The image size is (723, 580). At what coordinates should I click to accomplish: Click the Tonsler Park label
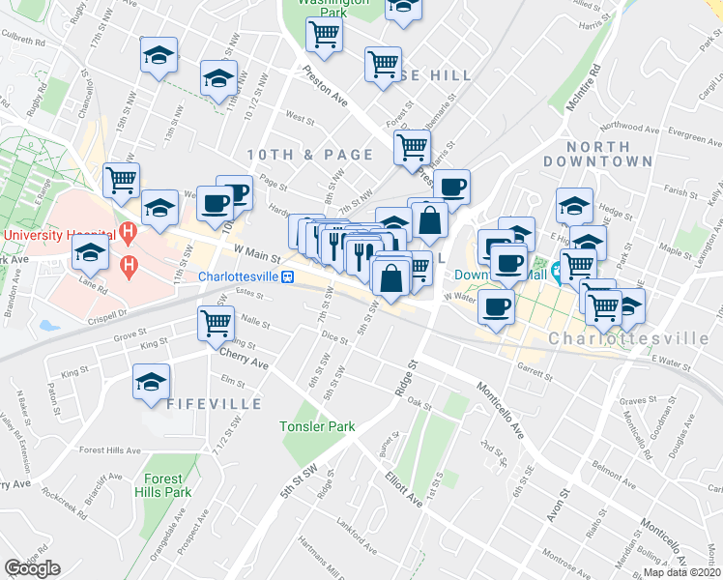(317, 426)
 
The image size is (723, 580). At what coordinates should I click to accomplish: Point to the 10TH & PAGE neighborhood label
(309, 155)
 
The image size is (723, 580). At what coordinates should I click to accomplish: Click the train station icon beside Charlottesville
(287, 276)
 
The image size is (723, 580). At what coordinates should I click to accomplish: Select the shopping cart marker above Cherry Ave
(215, 322)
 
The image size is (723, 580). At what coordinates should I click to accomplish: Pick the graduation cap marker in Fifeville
(151, 381)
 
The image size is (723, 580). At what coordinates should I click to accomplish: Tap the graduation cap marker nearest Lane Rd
(90, 253)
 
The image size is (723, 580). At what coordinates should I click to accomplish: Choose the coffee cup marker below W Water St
(496, 306)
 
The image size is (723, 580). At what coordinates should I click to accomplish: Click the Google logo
(32, 568)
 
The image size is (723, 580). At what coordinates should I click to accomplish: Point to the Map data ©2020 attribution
(681, 572)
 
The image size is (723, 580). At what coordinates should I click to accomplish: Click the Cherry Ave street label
(244, 362)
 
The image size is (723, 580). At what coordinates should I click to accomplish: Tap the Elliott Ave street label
(403, 489)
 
